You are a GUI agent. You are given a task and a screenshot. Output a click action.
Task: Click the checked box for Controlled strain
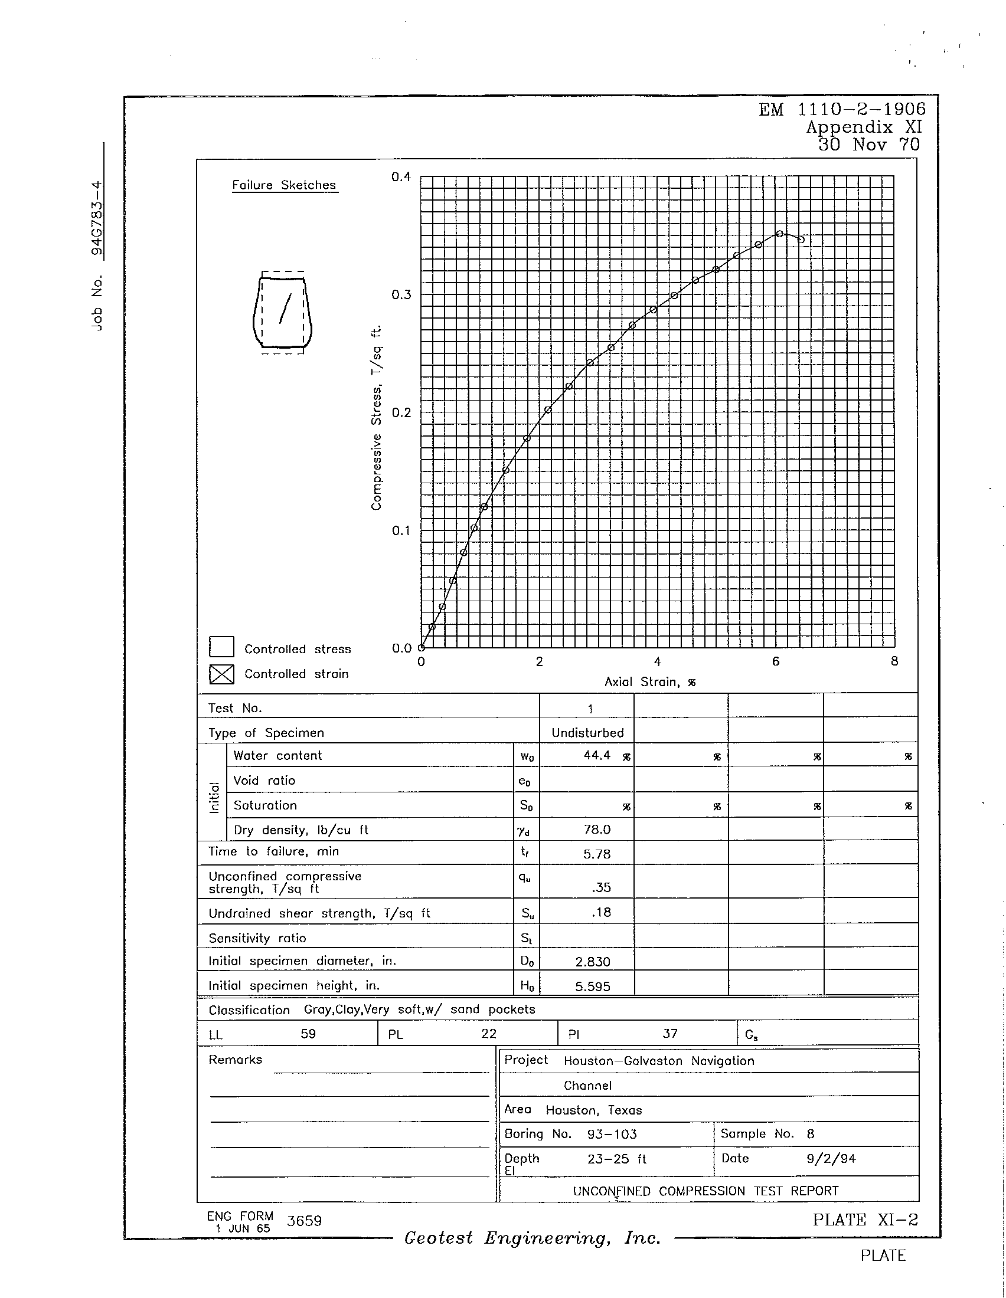[x=221, y=674]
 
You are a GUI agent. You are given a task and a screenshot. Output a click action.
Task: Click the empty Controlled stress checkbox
[x=221, y=647]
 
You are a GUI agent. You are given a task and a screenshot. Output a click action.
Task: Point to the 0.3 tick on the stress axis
[x=401, y=296]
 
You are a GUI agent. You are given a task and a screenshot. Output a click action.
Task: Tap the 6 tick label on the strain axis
[x=775, y=661]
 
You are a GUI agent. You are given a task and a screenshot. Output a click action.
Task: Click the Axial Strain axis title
[x=650, y=682]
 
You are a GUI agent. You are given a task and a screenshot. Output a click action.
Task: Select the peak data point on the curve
[x=779, y=234]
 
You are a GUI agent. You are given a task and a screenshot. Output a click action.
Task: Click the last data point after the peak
[x=801, y=240]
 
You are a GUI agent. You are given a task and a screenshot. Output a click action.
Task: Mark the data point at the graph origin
[x=421, y=648]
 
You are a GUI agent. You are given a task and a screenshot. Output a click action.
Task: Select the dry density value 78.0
[x=597, y=830]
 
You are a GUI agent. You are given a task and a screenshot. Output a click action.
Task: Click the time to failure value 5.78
[x=597, y=855]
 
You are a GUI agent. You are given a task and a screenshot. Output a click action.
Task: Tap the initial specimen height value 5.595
[x=592, y=986]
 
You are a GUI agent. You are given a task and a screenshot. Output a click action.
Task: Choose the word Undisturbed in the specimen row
[x=587, y=733]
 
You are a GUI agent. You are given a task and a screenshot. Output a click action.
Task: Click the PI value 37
[x=670, y=1034]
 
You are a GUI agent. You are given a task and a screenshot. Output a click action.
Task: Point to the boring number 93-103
[x=612, y=1134]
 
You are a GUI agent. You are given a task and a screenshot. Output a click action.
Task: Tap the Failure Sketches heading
[x=284, y=185]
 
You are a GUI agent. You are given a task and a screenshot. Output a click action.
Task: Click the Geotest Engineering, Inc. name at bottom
[x=532, y=1238]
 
